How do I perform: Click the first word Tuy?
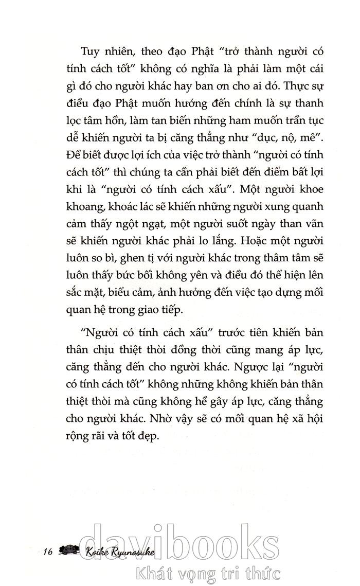[91, 51]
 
